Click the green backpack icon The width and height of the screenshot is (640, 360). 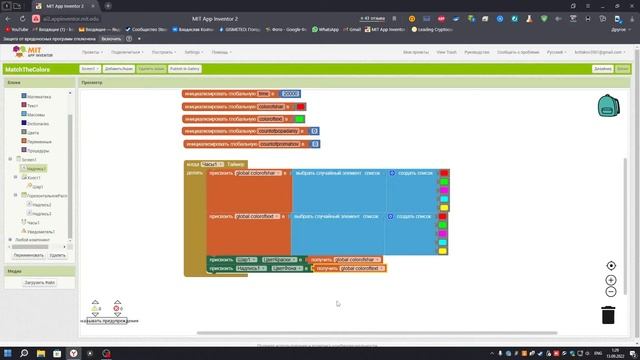608,105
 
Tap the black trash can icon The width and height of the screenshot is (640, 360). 608,315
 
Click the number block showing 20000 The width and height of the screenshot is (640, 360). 291,93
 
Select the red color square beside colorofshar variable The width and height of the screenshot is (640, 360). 301,106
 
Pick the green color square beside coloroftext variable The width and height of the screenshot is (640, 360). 299,118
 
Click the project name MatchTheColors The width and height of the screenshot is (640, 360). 31,69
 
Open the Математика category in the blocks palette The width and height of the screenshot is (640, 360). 39,96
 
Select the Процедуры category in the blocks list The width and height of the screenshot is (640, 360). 39,150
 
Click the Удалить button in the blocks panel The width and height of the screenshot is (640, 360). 58,255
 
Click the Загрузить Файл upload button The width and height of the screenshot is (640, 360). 40,283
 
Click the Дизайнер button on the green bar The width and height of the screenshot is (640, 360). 601,69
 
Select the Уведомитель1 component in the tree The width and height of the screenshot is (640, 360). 42,231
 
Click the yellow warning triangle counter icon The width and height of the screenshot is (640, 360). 96,306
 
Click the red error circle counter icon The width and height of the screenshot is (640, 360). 117,306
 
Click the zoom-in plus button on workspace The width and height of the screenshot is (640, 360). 611,280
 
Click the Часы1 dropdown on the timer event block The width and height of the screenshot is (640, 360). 212,163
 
